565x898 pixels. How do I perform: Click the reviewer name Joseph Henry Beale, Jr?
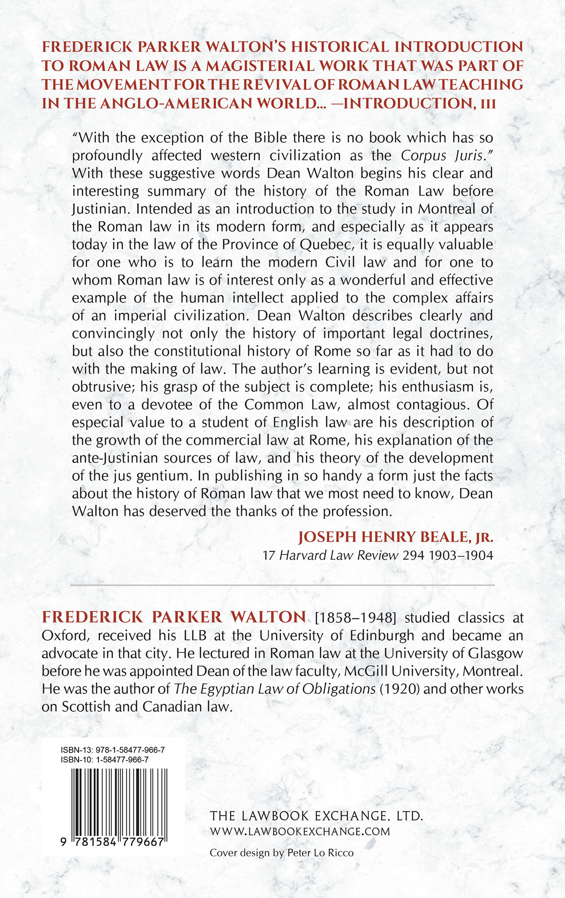396,537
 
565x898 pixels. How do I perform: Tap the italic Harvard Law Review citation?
339,555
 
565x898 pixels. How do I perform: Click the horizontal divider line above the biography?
282,585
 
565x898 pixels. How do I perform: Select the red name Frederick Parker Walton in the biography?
174,617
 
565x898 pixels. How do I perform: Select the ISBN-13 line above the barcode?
112,750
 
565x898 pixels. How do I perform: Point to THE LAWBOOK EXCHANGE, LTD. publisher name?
317,816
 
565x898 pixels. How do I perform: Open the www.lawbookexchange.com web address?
300,832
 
